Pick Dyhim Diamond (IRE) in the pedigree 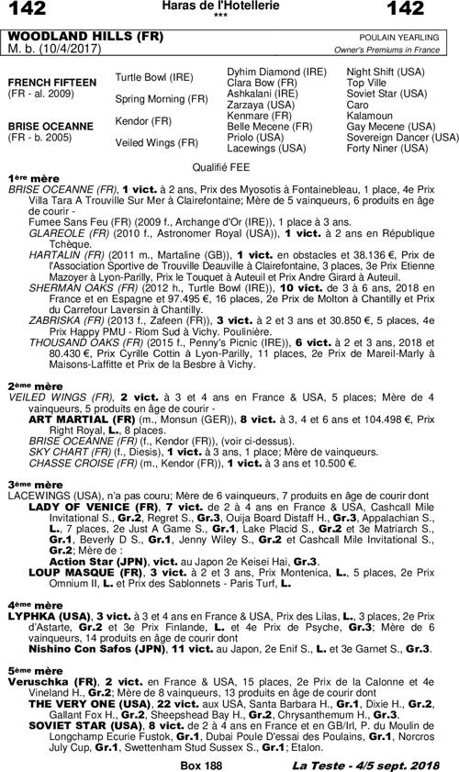click(x=276, y=72)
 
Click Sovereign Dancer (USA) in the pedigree click(x=402, y=138)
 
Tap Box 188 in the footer click(x=202, y=764)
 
